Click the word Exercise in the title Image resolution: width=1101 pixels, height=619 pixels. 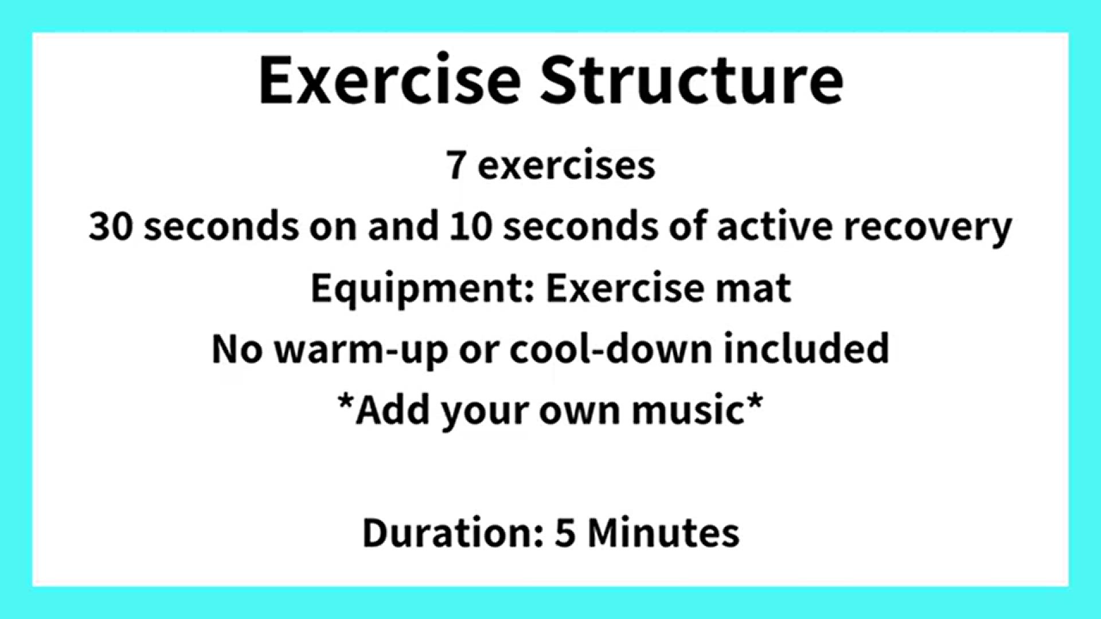390,80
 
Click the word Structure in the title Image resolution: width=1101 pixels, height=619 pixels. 692,80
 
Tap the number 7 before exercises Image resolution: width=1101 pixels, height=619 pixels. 456,165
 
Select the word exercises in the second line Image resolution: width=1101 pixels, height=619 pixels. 567,166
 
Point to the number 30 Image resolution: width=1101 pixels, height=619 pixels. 111,226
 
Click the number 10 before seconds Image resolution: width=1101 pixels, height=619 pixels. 470,226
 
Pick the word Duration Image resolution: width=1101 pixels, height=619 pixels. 453,532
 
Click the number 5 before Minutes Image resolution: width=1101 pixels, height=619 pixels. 565,533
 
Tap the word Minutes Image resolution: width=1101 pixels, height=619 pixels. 663,532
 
